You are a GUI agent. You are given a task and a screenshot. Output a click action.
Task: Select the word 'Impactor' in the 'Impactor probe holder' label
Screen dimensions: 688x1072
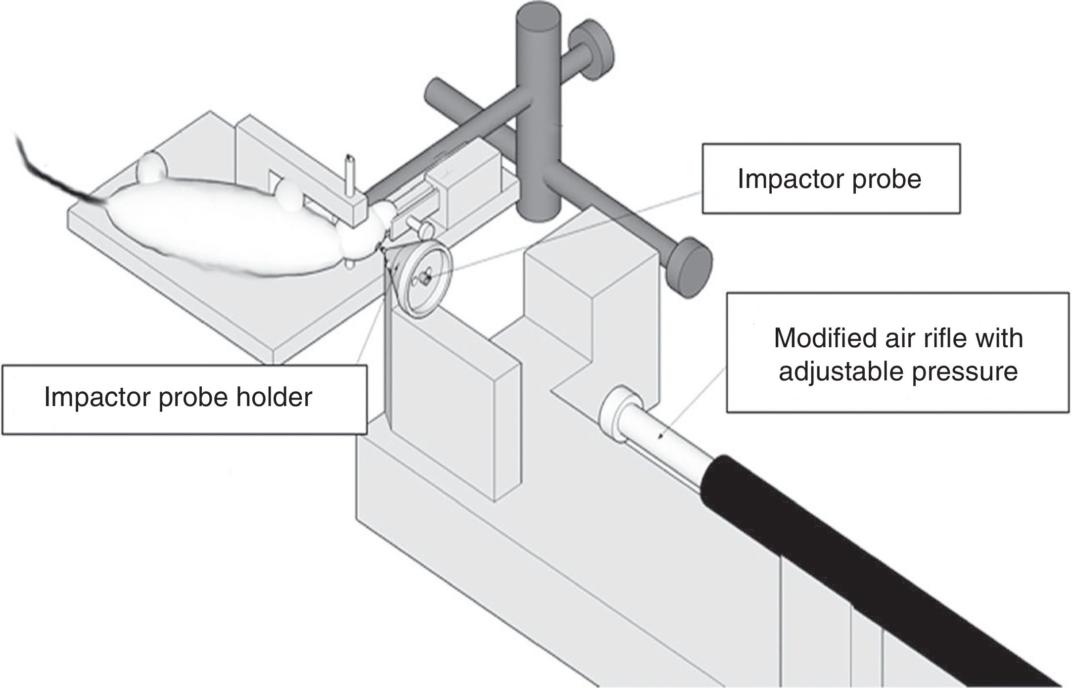[97, 397]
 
